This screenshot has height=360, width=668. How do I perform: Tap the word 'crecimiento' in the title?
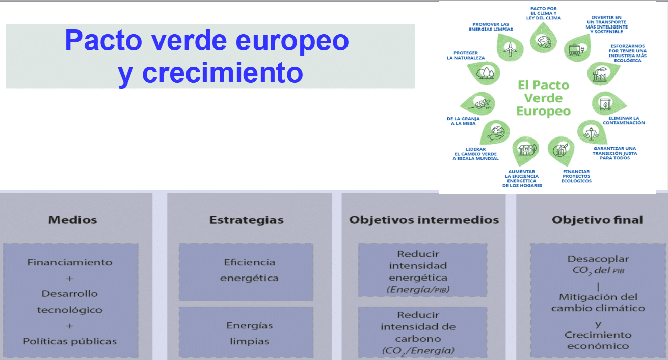223,73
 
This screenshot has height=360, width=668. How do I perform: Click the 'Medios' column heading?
72,220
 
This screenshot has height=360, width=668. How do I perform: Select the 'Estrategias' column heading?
246,220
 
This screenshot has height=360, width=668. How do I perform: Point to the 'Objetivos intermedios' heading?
424,220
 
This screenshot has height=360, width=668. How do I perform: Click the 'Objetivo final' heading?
597,220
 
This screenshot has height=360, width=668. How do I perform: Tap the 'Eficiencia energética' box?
246,272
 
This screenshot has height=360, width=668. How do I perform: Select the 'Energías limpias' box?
246,332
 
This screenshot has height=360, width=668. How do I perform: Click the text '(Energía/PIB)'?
418,289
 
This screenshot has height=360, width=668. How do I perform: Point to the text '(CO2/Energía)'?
418,351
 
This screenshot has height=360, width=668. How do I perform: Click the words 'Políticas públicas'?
70,341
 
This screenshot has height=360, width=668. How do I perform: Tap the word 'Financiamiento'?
70,262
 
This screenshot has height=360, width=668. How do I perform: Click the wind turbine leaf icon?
510,48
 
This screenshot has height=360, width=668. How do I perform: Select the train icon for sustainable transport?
577,48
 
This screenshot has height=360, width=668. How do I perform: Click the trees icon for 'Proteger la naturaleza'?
484,73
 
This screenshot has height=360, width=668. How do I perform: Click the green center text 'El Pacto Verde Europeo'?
543,98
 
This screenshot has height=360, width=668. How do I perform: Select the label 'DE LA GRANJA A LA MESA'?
463,121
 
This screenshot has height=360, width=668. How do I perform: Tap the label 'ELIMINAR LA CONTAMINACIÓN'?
624,120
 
